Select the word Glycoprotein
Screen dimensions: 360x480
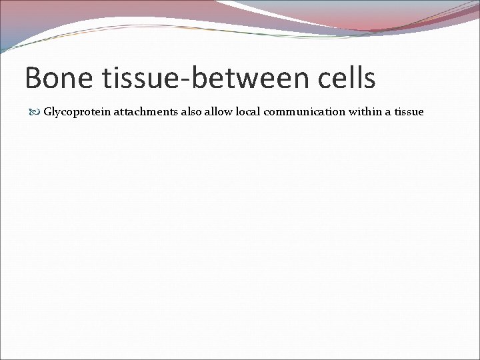coord(77,112)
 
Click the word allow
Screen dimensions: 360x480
coord(219,112)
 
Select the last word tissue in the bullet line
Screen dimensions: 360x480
coord(409,112)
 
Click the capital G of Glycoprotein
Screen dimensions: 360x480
coord(47,112)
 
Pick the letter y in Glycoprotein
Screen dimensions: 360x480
coord(57,113)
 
